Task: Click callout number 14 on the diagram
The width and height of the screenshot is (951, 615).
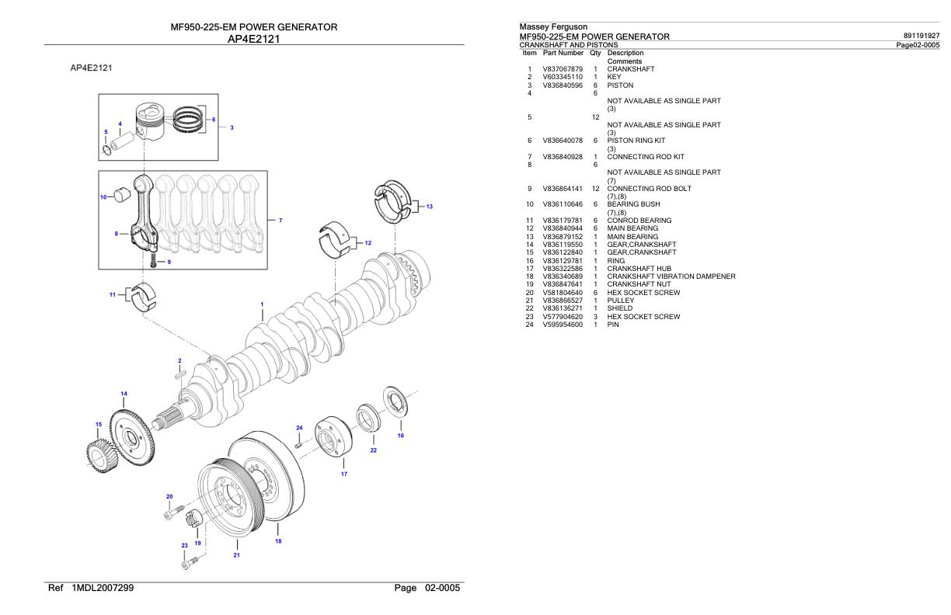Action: click(x=124, y=394)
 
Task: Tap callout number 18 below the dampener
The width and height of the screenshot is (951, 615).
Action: click(x=278, y=541)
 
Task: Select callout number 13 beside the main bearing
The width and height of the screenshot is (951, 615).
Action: click(x=430, y=206)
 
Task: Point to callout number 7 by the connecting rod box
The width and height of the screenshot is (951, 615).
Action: click(x=280, y=221)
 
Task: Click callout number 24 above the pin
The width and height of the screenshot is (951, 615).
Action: click(x=299, y=428)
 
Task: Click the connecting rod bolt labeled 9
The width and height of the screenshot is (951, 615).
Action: click(x=153, y=262)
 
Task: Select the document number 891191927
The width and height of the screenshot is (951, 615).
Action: click(x=918, y=36)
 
